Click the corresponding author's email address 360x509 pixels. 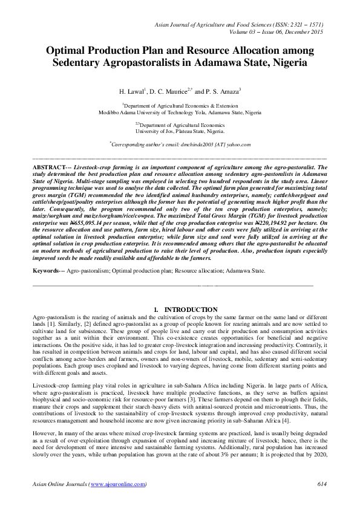point(216,144)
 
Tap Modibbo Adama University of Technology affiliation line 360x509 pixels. point(180,112)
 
